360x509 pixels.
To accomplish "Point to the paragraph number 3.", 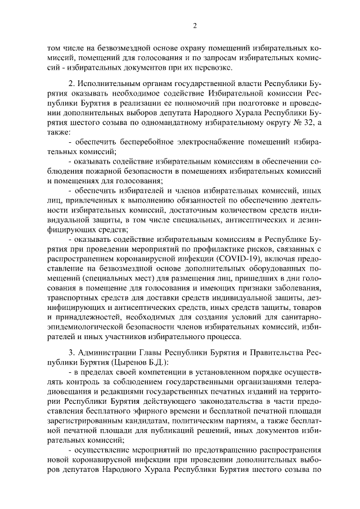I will pyautogui.click(x=71, y=352).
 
